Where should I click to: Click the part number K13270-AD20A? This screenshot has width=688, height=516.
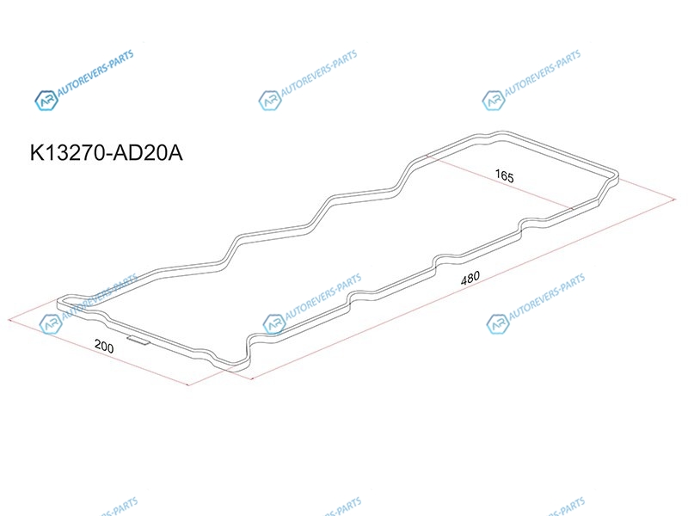point(106,153)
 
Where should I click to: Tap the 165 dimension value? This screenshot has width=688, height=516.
point(504,176)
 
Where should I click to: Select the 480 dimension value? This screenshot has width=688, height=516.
point(470,278)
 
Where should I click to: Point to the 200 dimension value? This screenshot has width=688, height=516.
point(104,347)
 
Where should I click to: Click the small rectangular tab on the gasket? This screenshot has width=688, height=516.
point(138,340)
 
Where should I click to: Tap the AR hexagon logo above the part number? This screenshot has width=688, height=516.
point(46,101)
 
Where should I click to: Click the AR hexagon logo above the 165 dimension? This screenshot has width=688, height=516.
point(493,101)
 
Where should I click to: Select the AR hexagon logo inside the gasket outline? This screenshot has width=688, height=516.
point(273,324)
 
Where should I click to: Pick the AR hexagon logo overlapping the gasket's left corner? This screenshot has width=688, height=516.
point(50,324)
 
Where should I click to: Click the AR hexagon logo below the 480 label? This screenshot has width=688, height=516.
point(498,324)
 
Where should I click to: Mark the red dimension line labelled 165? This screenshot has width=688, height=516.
point(501,181)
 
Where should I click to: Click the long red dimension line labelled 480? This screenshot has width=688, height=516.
point(463,289)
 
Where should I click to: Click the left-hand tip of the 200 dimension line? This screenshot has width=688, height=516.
point(9,319)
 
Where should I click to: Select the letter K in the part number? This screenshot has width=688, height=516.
point(36,153)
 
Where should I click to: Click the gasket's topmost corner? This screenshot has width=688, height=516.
point(501,132)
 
